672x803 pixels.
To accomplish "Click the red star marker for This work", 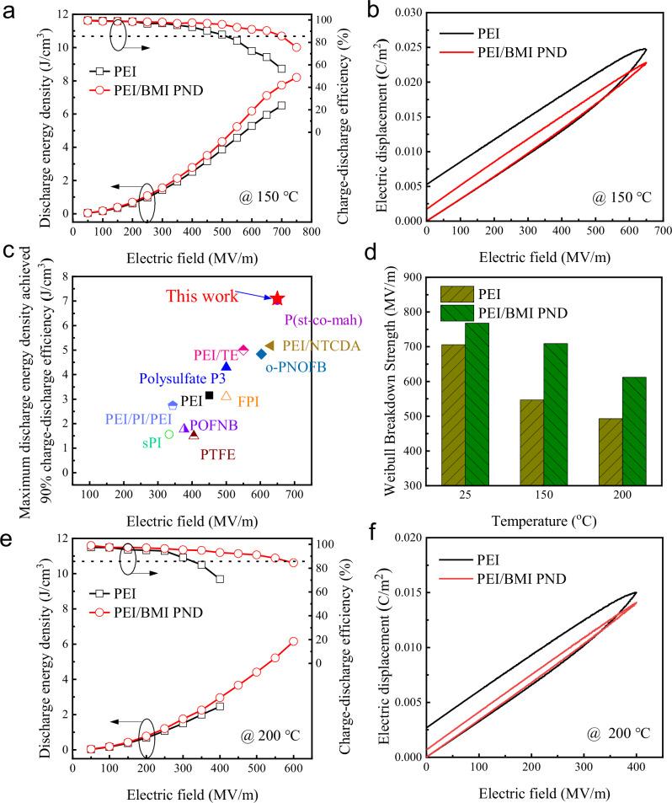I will click(277, 299).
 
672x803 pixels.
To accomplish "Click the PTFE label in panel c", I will click(217, 454).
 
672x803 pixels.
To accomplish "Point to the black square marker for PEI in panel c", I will click(209, 395).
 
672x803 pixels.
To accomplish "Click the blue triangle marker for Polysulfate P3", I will click(227, 366).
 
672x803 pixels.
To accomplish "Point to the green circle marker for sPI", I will click(169, 434).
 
